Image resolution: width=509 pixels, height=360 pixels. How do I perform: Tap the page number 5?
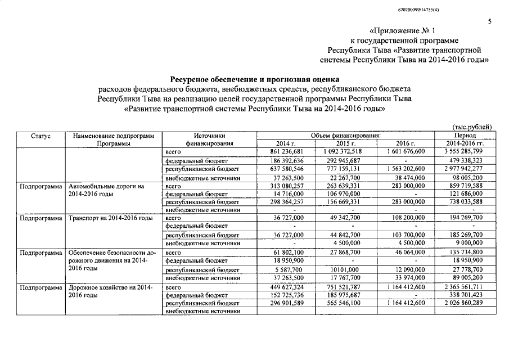click(489, 22)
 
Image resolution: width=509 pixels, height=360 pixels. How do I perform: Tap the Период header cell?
click(465, 136)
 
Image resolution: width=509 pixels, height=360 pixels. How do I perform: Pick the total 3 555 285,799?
click(465, 152)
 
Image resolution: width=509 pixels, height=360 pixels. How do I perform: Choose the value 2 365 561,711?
click(465, 286)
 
